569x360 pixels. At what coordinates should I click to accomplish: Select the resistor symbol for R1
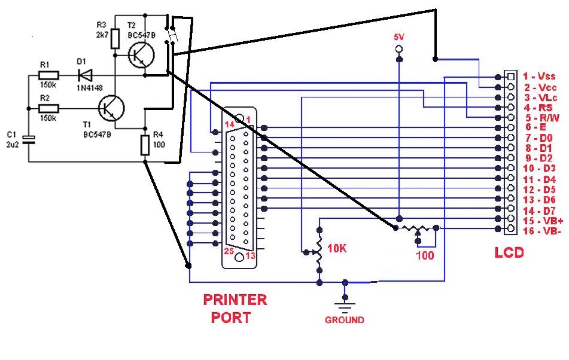coord(48,75)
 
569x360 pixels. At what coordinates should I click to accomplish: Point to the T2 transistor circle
coord(141,55)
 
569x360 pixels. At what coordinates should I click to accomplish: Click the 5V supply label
coord(399,37)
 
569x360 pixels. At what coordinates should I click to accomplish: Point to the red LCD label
coord(509,252)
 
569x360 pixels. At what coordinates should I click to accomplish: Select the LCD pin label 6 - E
coord(534,127)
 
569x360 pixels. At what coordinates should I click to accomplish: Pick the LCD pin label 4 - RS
coord(537,108)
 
